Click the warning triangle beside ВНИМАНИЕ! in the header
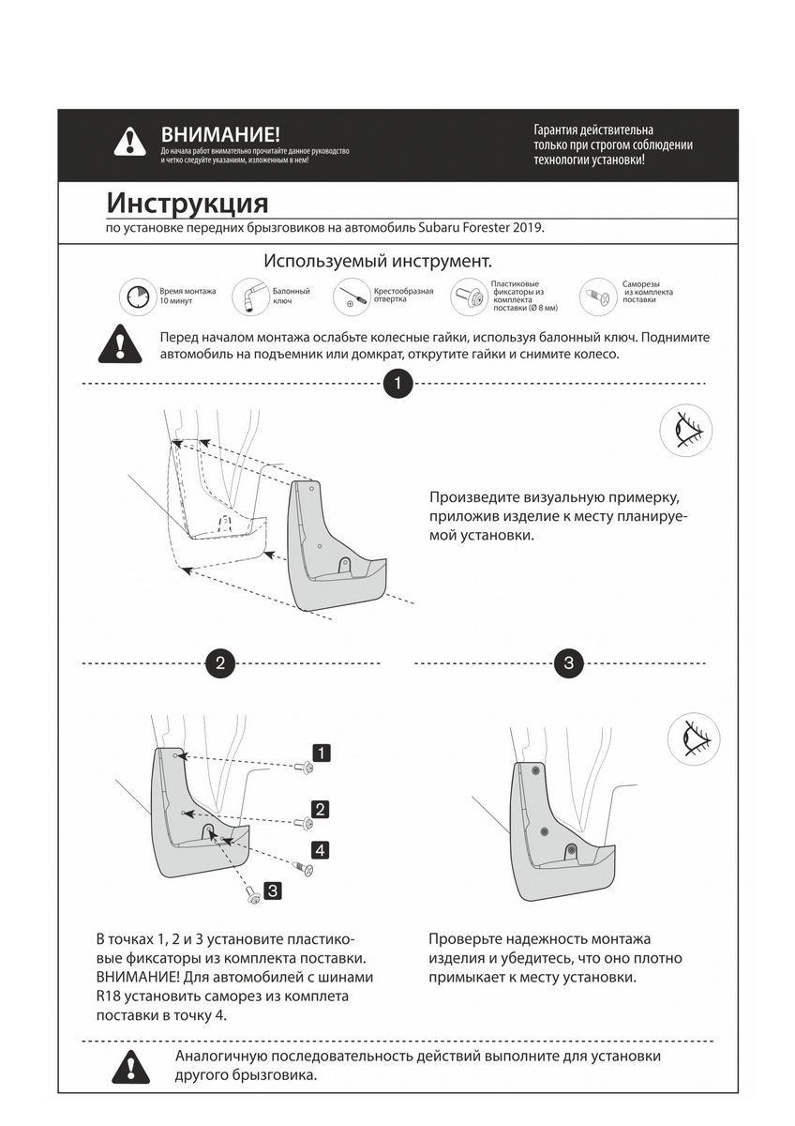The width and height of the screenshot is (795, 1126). [x=129, y=142]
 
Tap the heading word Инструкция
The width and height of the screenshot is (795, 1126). [x=187, y=203]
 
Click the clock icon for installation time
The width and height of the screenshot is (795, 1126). [x=136, y=297]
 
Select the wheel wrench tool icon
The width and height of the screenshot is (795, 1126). [x=249, y=296]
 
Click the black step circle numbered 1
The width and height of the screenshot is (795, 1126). [x=398, y=384]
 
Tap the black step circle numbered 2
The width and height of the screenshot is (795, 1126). [x=219, y=663]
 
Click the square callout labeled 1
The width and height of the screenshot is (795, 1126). [x=321, y=753]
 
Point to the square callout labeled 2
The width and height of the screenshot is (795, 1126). [x=321, y=809]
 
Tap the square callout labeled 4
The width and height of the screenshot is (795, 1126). [x=321, y=850]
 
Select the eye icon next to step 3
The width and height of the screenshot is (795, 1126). [x=693, y=738]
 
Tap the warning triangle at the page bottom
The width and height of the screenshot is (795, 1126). [x=130, y=1066]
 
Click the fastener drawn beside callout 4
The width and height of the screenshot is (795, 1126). [x=305, y=869]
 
